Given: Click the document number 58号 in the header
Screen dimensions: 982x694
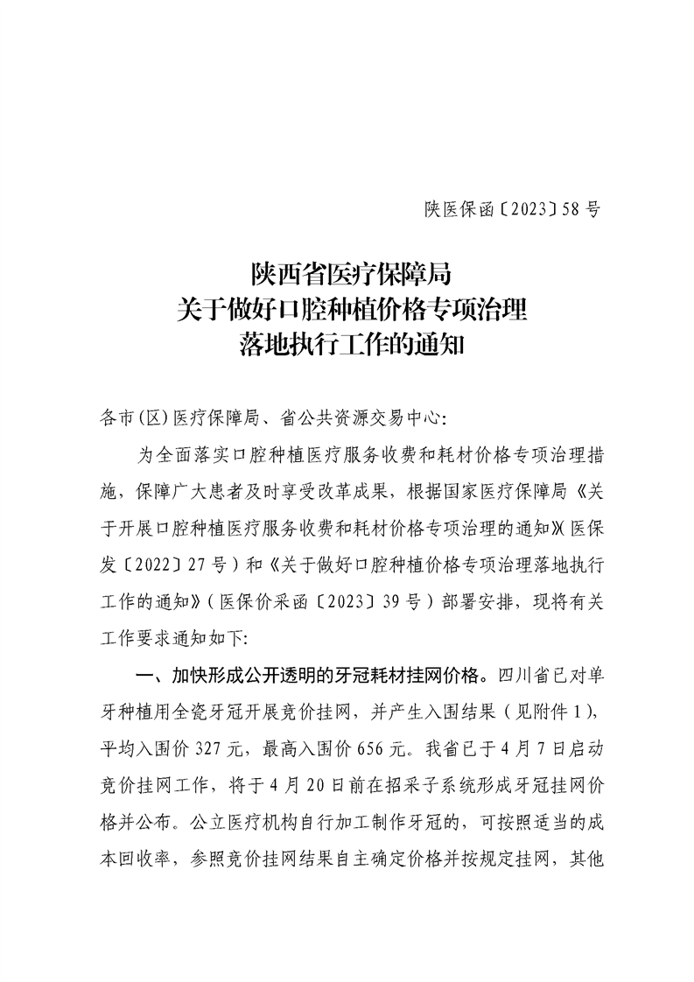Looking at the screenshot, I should (x=581, y=209).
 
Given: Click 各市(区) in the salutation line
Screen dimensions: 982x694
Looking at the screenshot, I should (x=134, y=418).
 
